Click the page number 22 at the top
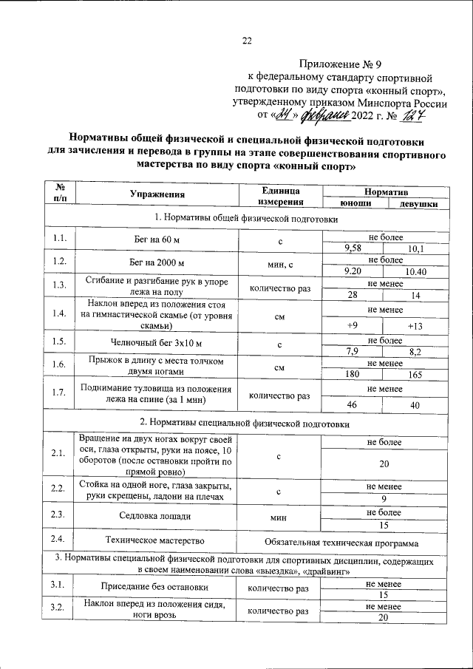248,41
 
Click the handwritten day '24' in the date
285,115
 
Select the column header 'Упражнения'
157,196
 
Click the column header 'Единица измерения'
280,196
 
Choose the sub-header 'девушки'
415,203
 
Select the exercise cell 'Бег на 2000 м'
157,262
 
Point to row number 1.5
61,342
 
